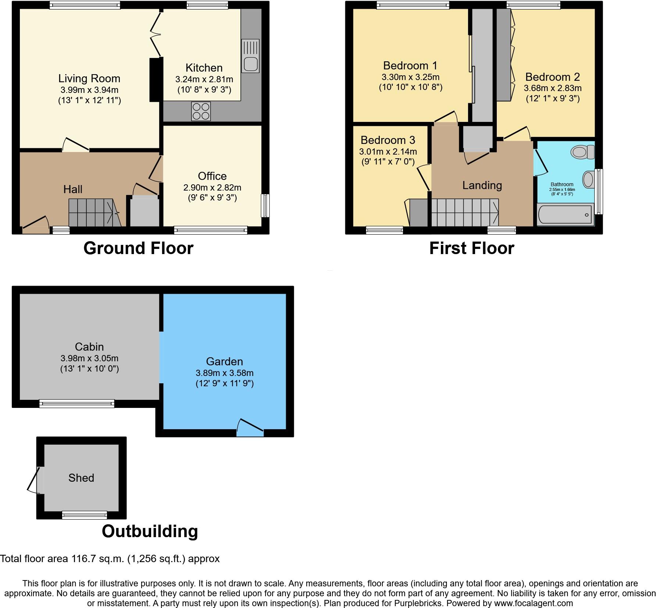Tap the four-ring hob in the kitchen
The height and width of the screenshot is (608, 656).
coord(201,111)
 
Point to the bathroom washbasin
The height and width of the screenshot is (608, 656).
coord(588,180)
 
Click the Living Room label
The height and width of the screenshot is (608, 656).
coord(89,78)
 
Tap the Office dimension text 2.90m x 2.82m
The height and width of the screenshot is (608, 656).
coord(212,188)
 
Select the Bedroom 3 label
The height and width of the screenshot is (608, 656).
coord(388,140)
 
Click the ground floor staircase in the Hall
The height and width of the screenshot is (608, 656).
coord(94,213)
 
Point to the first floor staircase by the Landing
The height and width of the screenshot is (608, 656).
coord(464,213)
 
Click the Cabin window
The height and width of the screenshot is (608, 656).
coord(77,404)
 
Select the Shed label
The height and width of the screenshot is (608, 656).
coord(81,478)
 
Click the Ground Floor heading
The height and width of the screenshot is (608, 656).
coord(138,248)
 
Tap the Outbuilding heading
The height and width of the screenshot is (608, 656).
coord(150,531)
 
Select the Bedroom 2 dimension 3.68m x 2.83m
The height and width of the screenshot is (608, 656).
coord(552,88)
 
